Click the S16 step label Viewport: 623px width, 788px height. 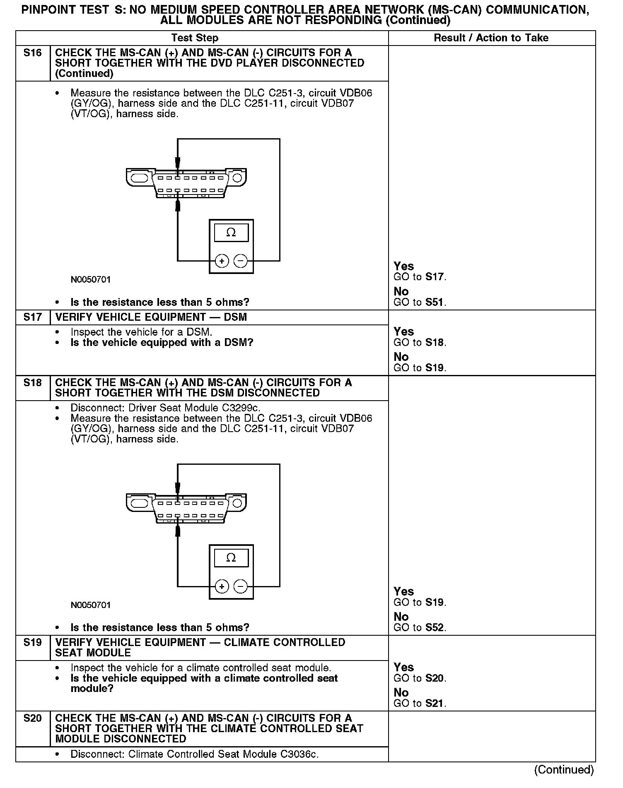coord(33,53)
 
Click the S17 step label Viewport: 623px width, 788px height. coord(33,317)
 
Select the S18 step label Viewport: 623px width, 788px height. coord(33,383)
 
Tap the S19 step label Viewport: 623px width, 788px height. coord(33,643)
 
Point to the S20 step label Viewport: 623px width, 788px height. coord(33,718)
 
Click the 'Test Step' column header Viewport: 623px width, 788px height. coord(195,38)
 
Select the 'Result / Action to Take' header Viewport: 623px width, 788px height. coord(491,38)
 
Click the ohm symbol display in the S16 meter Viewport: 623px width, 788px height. coord(231,233)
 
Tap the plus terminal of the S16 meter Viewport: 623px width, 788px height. coord(222,261)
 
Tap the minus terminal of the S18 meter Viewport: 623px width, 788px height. coord(241,586)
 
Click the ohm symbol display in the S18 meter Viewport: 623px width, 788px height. coord(231,558)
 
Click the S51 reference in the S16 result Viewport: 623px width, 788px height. coord(435,303)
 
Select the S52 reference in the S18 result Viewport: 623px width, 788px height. coord(435,628)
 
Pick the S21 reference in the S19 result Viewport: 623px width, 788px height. coord(435,704)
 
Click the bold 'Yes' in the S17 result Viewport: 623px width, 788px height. coord(404,332)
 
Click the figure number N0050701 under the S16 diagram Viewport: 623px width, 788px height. coord(91,280)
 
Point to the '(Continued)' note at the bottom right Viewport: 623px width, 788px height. coord(564,770)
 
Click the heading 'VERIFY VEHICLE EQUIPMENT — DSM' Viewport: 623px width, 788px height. coord(151,317)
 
